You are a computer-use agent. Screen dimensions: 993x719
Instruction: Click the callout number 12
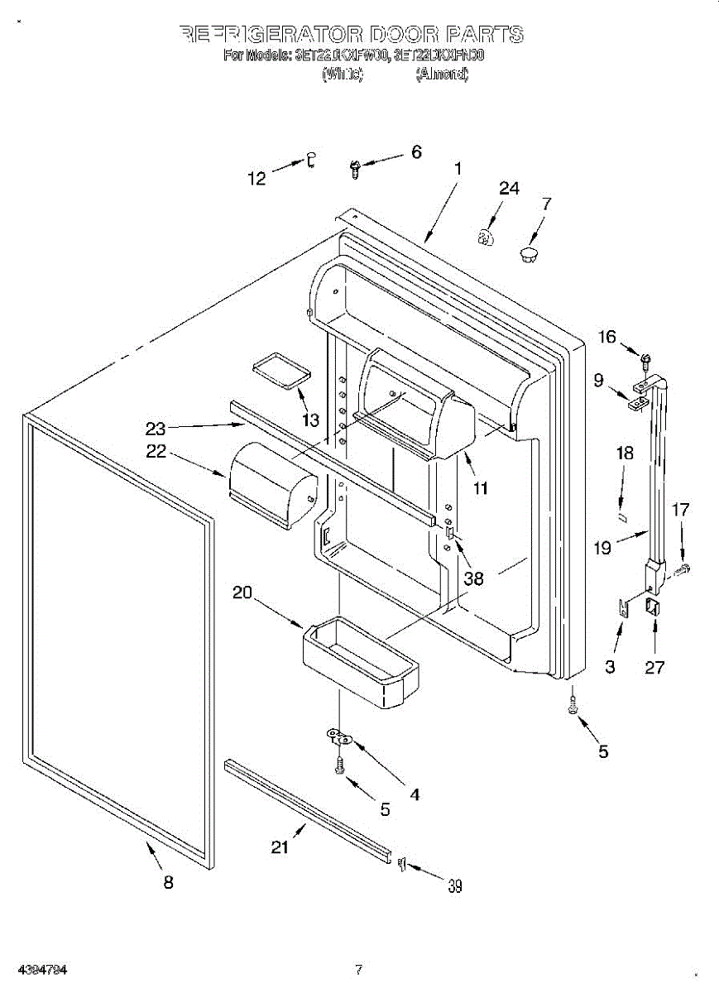[258, 178]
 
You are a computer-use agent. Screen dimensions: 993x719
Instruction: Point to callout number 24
[509, 189]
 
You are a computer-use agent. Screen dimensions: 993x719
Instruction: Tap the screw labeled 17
[683, 570]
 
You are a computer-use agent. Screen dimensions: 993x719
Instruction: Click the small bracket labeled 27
[654, 609]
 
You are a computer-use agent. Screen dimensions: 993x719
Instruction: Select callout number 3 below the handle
[610, 667]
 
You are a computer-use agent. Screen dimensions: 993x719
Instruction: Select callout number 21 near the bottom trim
[281, 847]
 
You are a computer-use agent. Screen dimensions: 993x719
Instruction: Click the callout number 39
[454, 886]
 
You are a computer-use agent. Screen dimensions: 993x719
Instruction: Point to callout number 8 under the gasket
[168, 882]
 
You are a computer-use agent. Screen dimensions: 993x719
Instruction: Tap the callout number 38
[473, 578]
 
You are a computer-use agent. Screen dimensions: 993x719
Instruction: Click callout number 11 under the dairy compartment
[479, 487]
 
